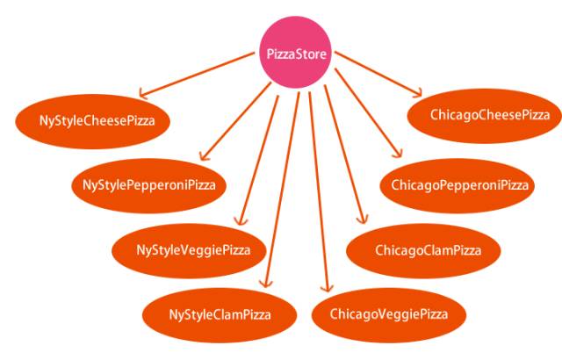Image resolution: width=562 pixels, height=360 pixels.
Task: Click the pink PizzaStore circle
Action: [297, 54]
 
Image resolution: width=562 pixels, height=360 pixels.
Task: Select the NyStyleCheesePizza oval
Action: [97, 119]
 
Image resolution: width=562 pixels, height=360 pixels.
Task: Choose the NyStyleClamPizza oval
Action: [220, 313]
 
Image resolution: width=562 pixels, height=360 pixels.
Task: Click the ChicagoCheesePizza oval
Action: [490, 115]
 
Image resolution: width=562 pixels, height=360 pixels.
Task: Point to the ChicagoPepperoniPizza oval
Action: [460, 184]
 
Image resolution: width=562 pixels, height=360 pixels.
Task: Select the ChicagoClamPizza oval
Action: [428, 250]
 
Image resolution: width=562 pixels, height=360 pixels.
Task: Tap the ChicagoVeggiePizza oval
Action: [388, 313]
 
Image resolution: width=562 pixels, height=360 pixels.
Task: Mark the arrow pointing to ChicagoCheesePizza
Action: [378, 72]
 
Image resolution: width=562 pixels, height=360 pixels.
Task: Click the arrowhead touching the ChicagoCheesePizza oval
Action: [420, 91]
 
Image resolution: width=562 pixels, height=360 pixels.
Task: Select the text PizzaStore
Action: [297, 54]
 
